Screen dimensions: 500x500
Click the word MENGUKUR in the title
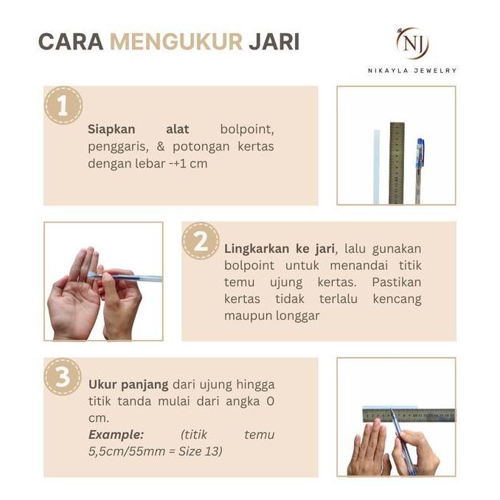(176, 41)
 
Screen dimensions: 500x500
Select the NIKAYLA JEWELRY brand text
(412, 71)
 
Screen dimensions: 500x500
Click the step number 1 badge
(63, 105)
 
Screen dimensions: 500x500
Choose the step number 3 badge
(63, 377)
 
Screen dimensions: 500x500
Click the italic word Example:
(116, 434)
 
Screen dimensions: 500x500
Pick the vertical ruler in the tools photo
(397, 162)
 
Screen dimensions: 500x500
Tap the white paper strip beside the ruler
(376, 166)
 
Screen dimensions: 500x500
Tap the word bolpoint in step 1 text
(247, 129)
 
